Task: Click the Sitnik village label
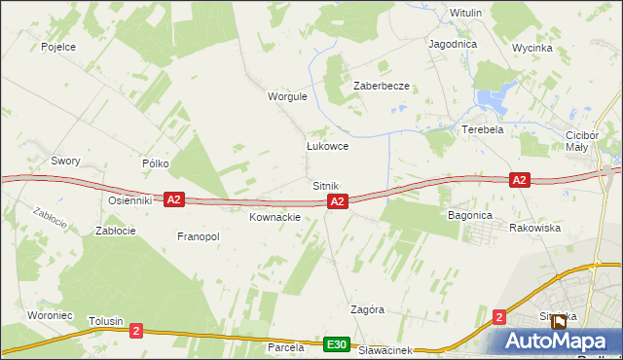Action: [x=325, y=185]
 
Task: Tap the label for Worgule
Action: [x=287, y=96]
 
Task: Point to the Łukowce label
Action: [x=327, y=146]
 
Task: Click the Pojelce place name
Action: [x=58, y=46]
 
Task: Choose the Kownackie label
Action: [x=275, y=217]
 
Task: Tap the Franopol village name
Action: [x=199, y=236]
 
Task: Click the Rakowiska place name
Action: [x=534, y=227]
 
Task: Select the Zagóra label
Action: [x=367, y=309]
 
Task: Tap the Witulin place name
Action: [x=466, y=13]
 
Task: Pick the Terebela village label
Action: [x=482, y=129]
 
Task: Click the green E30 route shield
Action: [x=337, y=344]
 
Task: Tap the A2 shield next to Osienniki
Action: [x=173, y=199]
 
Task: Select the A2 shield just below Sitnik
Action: [x=337, y=201]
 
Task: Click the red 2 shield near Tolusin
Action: [x=136, y=332]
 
